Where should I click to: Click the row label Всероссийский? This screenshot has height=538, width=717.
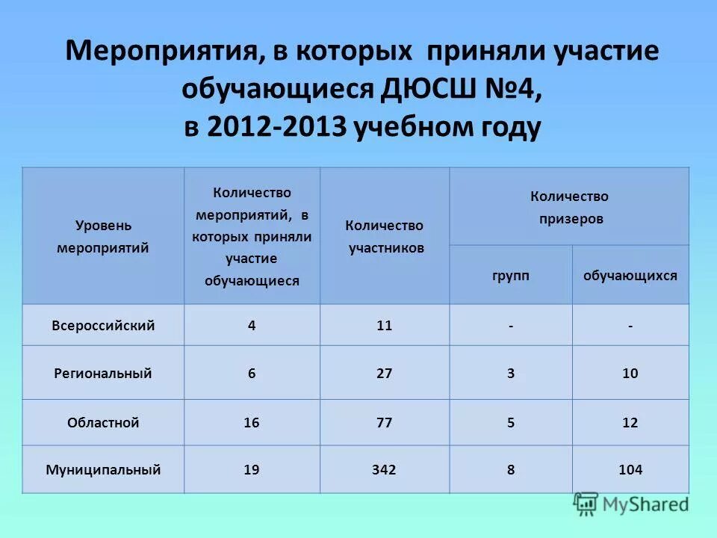(103, 326)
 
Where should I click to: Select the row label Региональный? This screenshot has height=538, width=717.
(103, 373)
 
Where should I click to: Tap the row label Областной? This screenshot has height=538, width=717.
(103, 423)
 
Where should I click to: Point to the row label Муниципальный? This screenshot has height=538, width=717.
(103, 470)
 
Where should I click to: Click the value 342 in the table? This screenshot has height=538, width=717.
(385, 470)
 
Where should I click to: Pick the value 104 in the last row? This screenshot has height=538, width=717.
(630, 470)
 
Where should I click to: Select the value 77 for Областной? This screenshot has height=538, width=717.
(385, 423)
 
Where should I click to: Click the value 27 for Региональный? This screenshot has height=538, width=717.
(385, 373)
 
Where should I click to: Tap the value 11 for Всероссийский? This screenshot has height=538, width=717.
(385, 326)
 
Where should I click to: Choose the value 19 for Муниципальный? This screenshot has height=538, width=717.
(252, 470)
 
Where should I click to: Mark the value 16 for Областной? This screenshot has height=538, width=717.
(252, 423)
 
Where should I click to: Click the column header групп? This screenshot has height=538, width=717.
(511, 276)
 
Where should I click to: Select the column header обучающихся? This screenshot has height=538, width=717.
(630, 276)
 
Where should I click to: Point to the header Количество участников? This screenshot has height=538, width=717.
(385, 237)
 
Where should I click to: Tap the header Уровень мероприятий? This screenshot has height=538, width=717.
(103, 237)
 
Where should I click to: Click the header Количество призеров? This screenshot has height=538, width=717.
(569, 208)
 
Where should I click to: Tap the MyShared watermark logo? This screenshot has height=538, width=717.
(632, 504)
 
